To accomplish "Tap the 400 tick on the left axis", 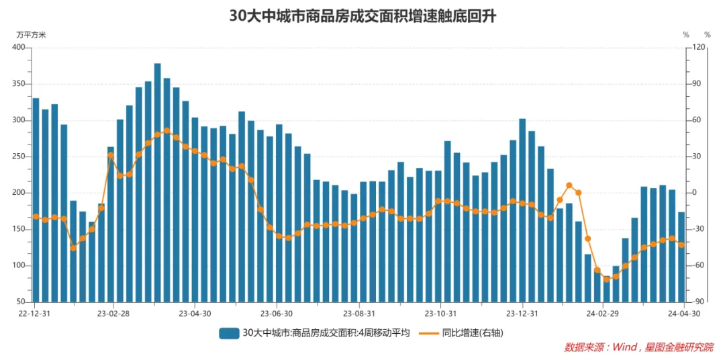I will [x=18, y=48].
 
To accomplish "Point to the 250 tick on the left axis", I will [x=18, y=156].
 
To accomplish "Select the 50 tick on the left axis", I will [x=21, y=302].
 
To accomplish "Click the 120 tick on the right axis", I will [x=699, y=48].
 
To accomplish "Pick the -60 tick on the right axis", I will [x=699, y=265].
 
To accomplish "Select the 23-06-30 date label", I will [x=277, y=314].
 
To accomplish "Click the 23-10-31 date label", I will [x=440, y=314].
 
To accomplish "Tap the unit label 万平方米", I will [x=32, y=34].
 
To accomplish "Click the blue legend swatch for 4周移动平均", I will [x=229, y=332].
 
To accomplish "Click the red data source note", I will [x=638, y=347].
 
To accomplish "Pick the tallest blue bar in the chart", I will [x=158, y=181].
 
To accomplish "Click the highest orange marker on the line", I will [x=166, y=131].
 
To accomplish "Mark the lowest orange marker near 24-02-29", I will [x=606, y=279].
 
